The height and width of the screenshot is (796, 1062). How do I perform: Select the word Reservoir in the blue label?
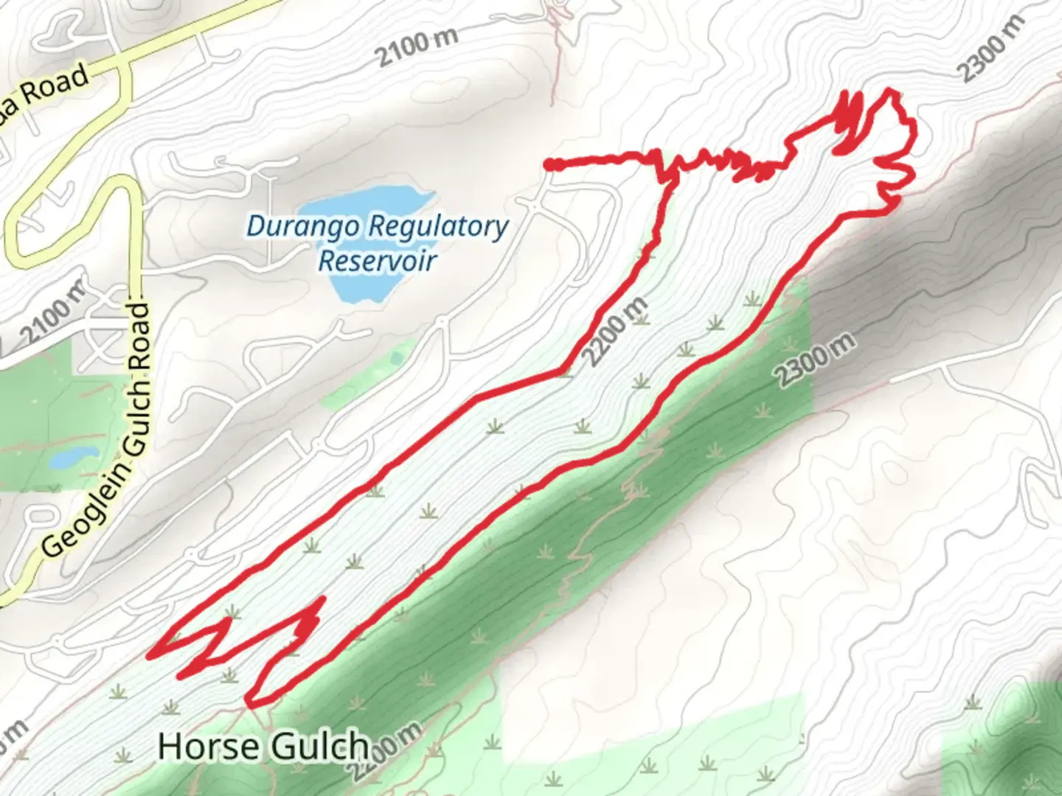click(x=377, y=260)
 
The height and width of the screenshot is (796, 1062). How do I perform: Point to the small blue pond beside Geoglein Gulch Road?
click(x=74, y=458)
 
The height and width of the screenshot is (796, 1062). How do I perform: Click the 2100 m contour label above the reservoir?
click(x=416, y=46)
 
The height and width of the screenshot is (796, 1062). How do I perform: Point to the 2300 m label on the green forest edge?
click(x=816, y=361)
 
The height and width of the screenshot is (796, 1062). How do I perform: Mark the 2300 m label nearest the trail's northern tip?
click(x=992, y=49)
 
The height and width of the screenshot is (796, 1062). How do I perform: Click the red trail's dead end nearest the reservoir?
click(x=550, y=166)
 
